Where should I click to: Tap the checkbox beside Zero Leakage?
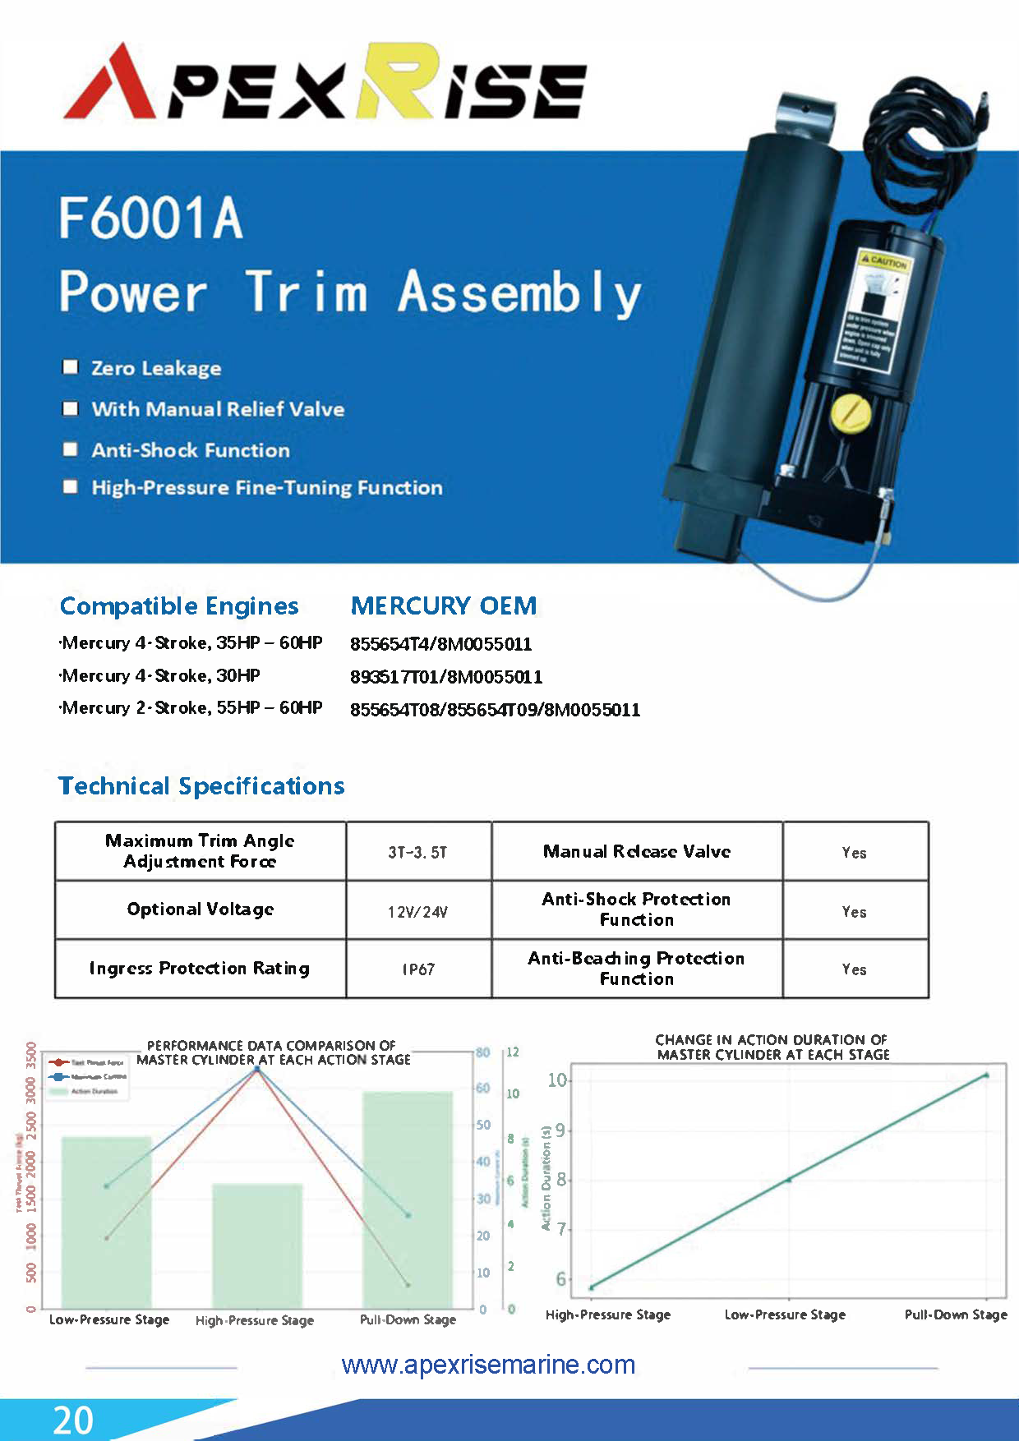[x=71, y=366]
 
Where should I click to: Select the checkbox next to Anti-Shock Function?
[x=71, y=449]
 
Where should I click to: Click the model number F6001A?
[x=150, y=219]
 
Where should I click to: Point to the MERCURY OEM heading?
[x=443, y=606]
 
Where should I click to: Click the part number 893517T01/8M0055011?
[x=446, y=677]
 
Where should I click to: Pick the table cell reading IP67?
[x=418, y=969]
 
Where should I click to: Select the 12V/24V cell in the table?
[x=418, y=911]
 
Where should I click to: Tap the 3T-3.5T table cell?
[x=418, y=852]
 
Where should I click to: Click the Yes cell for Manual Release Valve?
[x=855, y=852]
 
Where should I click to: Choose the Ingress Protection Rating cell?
[x=200, y=969]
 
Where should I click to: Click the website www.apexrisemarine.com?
[x=488, y=1365]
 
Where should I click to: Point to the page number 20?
[x=72, y=1420]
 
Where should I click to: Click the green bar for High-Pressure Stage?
[x=257, y=1245]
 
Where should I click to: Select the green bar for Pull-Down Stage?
[x=408, y=1199]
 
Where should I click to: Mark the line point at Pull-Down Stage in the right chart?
[x=986, y=1075]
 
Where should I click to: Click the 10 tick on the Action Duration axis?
[x=557, y=1080]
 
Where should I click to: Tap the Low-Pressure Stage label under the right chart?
[x=785, y=1314]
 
